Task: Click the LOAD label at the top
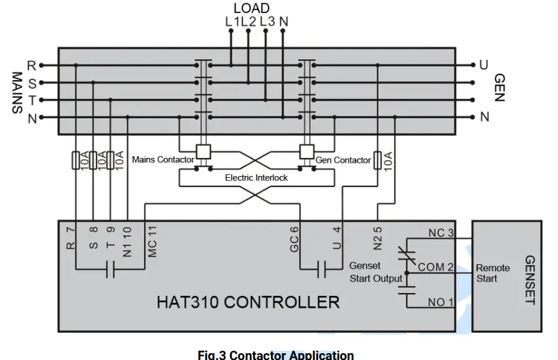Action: (x=251, y=8)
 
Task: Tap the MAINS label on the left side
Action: (x=17, y=92)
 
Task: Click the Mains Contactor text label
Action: (x=163, y=160)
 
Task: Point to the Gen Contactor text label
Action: (x=343, y=160)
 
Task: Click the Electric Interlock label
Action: (x=256, y=178)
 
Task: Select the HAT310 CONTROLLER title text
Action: (x=247, y=302)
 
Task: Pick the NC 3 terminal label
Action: (x=441, y=233)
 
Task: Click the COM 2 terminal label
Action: (x=440, y=267)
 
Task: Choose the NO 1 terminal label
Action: (x=441, y=302)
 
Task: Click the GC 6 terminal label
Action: (x=295, y=239)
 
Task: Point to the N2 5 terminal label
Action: (x=377, y=237)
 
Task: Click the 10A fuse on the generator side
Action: (x=377, y=160)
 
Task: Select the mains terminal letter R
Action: (x=32, y=65)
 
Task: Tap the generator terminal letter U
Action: (x=483, y=65)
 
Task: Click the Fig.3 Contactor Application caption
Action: (x=275, y=355)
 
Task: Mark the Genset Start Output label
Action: (x=375, y=272)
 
